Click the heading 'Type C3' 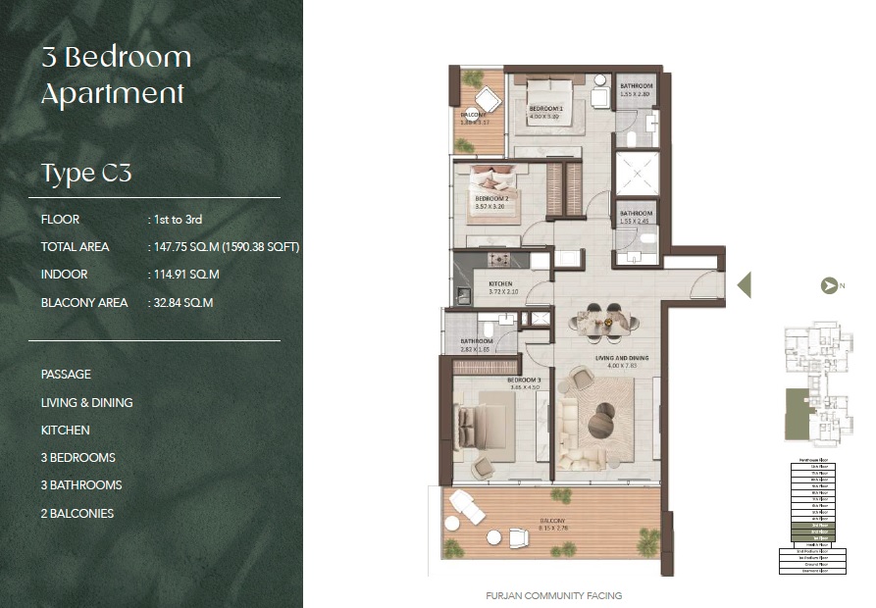pyautogui.click(x=86, y=174)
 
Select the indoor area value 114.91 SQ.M pyautogui.click(x=185, y=275)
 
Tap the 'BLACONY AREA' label pyautogui.click(x=84, y=303)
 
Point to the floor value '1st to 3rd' pyautogui.click(x=177, y=220)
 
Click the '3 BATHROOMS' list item pyautogui.click(x=81, y=485)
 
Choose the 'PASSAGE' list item pyautogui.click(x=66, y=375)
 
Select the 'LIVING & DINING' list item pyautogui.click(x=87, y=402)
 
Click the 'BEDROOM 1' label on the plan pyautogui.click(x=545, y=109)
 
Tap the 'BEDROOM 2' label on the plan pyautogui.click(x=491, y=197)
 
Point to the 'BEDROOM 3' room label pyautogui.click(x=525, y=380)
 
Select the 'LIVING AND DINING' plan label pyautogui.click(x=622, y=359)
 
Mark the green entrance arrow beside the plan pyautogui.click(x=744, y=284)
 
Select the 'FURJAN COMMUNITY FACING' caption pyautogui.click(x=554, y=595)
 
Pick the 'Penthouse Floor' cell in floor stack pyautogui.click(x=810, y=460)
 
